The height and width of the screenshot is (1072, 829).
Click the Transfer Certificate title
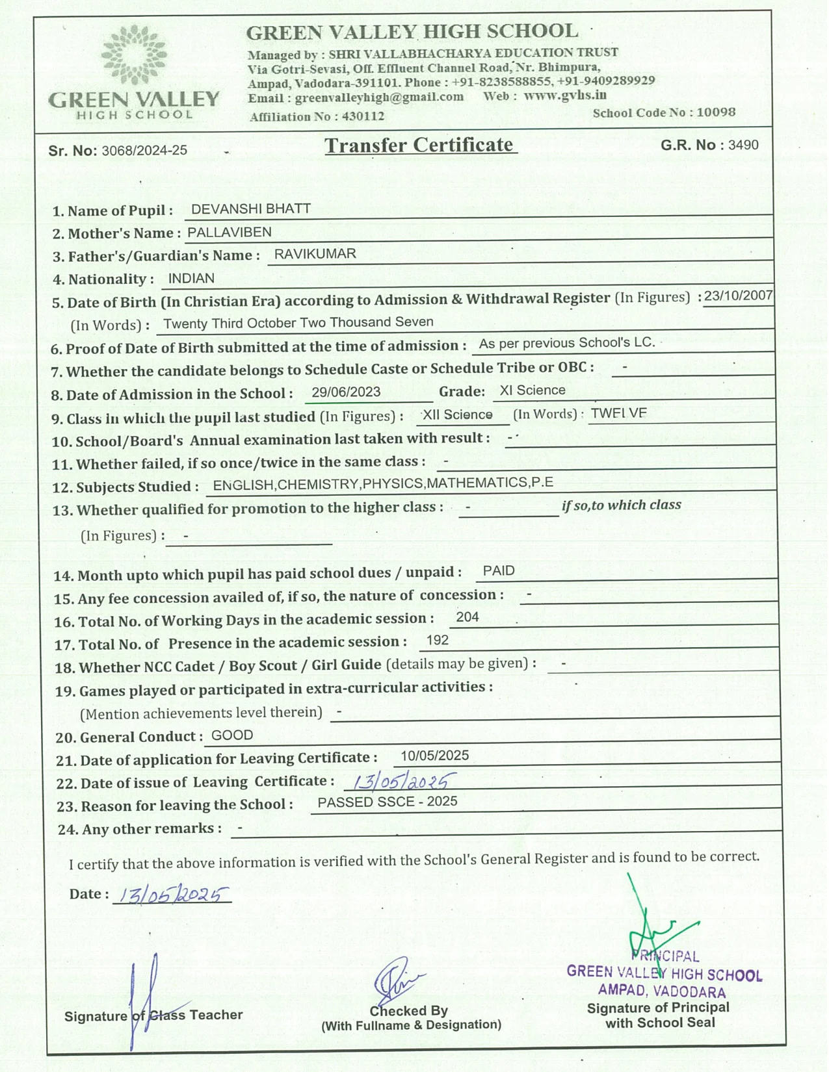pos(420,144)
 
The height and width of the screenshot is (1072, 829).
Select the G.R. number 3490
pos(743,145)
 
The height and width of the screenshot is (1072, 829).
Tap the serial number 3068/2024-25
pos(144,151)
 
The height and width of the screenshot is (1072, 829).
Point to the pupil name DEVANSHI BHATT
pos(251,209)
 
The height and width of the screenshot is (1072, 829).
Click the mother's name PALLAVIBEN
pos(230,232)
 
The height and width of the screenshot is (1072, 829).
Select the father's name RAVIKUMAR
pos(315,254)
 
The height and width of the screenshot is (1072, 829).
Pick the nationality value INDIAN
pos(191,279)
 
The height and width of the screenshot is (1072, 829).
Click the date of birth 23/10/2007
pos(738,296)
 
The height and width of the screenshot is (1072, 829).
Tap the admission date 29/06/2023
pos(346,392)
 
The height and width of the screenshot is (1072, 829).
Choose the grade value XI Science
pos(532,390)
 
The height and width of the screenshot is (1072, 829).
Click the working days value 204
pos(467,617)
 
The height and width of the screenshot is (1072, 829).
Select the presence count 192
pos(438,641)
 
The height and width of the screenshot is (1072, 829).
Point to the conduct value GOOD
pos(232,735)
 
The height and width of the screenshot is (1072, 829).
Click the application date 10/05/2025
pos(434,756)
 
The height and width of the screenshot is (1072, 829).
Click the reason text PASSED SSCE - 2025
pos(387,802)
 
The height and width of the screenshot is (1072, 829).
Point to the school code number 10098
pos(716,112)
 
